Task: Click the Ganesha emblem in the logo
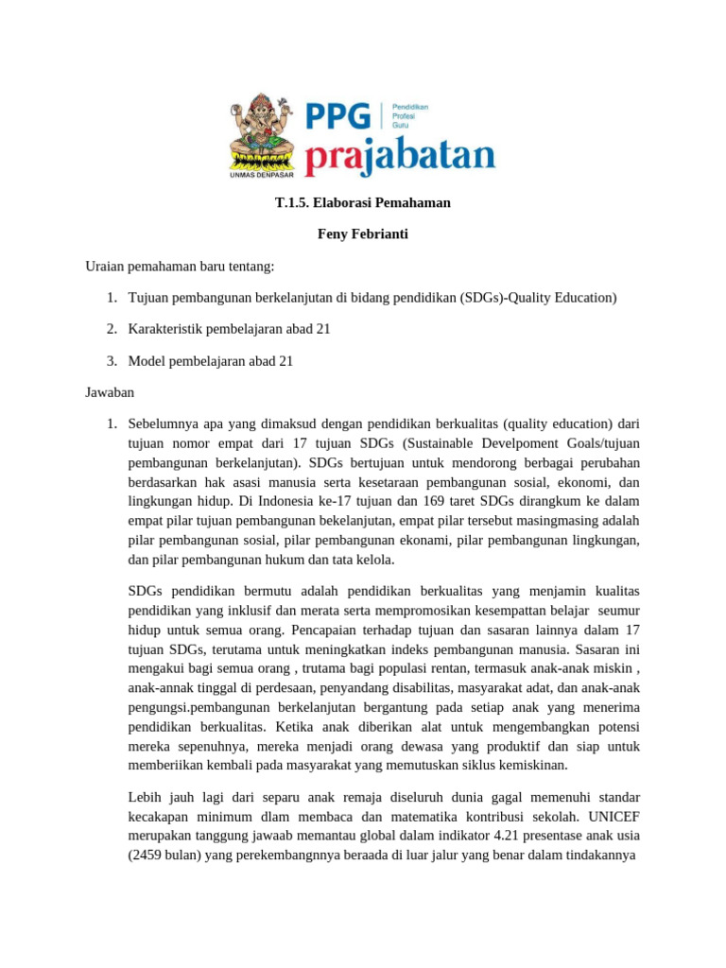click(x=262, y=131)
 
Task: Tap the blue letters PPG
click(x=337, y=116)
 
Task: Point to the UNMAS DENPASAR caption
click(x=262, y=175)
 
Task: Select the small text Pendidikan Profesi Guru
click(x=410, y=116)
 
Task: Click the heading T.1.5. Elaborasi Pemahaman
click(x=362, y=202)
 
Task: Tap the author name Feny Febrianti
click(x=362, y=233)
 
